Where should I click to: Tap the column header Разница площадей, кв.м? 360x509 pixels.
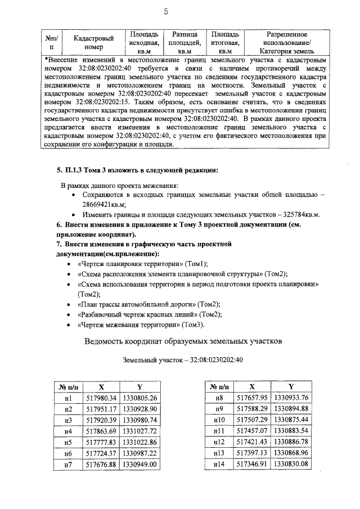click(x=186, y=42)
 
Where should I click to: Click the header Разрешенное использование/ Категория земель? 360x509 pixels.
click(x=287, y=42)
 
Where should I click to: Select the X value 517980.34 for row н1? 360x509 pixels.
click(x=101, y=398)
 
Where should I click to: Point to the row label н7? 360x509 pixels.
click(x=69, y=465)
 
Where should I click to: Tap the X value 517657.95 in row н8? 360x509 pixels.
click(x=251, y=398)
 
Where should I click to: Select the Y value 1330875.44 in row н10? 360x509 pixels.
click(x=290, y=420)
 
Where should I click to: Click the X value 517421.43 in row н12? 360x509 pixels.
click(x=251, y=442)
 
